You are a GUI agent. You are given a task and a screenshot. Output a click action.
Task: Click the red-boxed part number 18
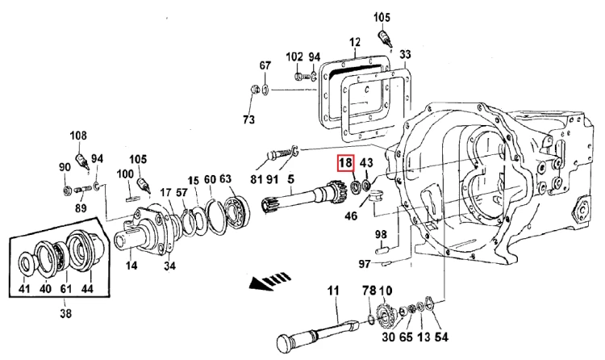click(x=345, y=162)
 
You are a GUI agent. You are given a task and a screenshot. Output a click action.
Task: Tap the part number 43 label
click(x=366, y=162)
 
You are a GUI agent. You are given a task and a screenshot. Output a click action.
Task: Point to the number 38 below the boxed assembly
click(x=66, y=313)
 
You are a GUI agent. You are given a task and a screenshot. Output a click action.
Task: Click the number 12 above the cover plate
click(x=355, y=42)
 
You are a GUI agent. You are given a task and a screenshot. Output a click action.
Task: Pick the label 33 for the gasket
click(x=405, y=54)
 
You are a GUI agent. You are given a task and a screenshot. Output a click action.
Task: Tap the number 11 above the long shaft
click(x=333, y=290)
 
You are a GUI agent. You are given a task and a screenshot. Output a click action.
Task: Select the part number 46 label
click(x=351, y=216)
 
